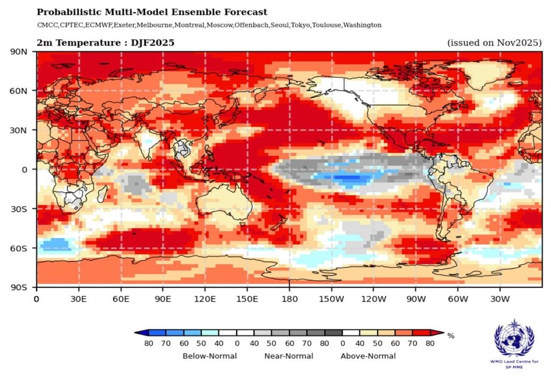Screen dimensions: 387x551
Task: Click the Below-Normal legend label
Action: tap(207, 356)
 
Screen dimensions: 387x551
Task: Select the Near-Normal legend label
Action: tap(288, 356)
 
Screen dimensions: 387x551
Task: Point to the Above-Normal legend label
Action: tap(368, 356)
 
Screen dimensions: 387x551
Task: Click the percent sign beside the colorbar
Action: tap(451, 336)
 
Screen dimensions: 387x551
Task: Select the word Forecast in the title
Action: tap(246, 12)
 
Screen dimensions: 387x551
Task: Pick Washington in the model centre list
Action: tap(362, 25)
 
